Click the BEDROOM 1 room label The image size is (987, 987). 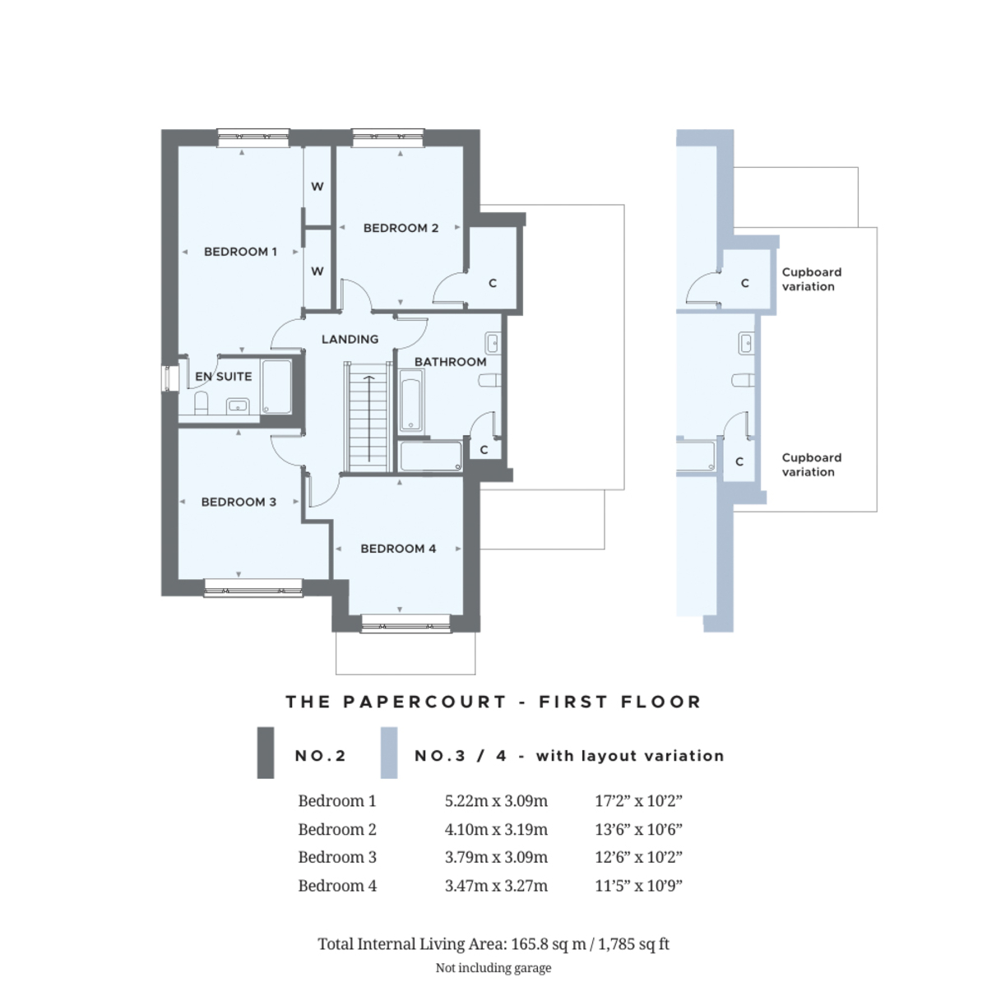point(240,252)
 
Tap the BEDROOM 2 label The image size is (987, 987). point(401,228)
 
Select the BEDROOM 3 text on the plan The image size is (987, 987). point(239,502)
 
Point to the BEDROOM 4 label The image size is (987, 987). point(398,549)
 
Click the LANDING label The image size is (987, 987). point(350,339)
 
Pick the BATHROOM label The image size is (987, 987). point(450,362)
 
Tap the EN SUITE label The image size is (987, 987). point(224,377)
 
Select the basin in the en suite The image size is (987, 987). point(238,406)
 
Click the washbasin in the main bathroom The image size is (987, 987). point(492,343)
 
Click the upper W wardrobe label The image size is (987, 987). point(317,187)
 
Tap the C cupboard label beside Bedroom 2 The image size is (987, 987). point(493,283)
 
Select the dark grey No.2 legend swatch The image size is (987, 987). point(266,753)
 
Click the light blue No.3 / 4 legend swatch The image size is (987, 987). point(389,753)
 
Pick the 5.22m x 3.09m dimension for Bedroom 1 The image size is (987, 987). point(496,800)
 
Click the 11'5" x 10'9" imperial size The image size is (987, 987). point(638,886)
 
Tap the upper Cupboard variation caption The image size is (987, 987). point(811,279)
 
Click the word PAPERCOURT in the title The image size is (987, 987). point(424,702)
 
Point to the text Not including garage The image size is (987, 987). point(493,967)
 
